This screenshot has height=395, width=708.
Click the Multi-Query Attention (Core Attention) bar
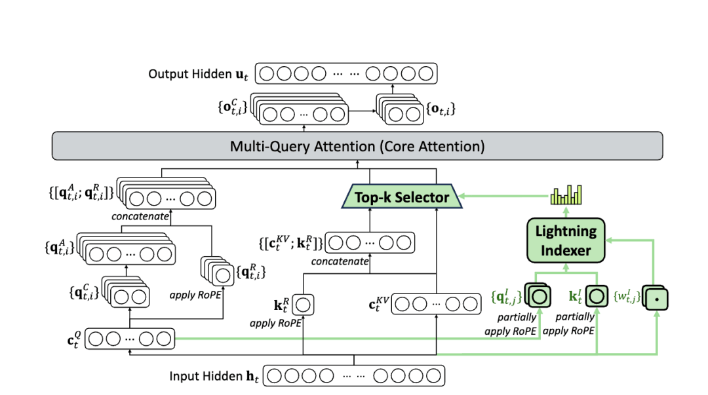[x=357, y=145]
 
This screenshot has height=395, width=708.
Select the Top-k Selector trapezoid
[x=403, y=197]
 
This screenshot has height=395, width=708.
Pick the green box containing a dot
[x=656, y=299]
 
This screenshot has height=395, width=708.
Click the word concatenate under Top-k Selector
[x=340, y=261]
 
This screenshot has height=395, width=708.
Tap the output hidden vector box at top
[x=345, y=73]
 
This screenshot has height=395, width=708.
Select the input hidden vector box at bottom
[x=354, y=376]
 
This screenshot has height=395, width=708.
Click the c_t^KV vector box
[x=435, y=304]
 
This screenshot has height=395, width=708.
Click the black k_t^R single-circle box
[x=304, y=304]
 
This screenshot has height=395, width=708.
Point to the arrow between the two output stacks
[x=361, y=113]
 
